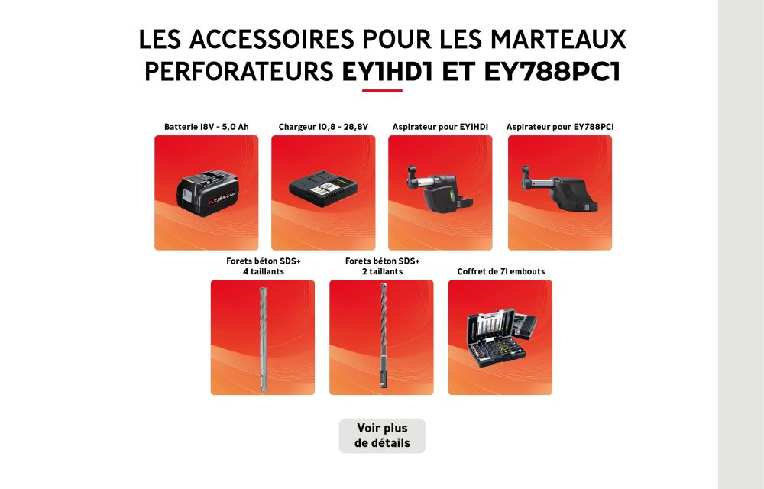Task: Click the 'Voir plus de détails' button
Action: (x=382, y=436)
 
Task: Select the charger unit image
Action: (x=323, y=188)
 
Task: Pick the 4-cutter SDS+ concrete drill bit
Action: (x=263, y=339)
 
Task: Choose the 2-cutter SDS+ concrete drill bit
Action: (x=383, y=336)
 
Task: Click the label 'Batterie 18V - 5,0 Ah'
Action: (x=206, y=127)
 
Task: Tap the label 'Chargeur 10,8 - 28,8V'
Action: (x=323, y=127)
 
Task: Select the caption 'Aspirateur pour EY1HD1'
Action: (x=440, y=127)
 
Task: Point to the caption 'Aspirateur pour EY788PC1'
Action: (x=560, y=127)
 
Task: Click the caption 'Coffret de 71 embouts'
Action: (x=501, y=271)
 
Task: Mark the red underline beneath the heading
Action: (x=382, y=90)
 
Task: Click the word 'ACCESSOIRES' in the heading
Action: (x=272, y=39)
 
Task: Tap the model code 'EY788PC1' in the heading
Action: (x=552, y=72)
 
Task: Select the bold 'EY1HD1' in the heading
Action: (x=387, y=72)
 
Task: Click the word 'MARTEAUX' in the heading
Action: (x=558, y=39)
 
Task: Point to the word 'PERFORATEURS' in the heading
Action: (x=238, y=72)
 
